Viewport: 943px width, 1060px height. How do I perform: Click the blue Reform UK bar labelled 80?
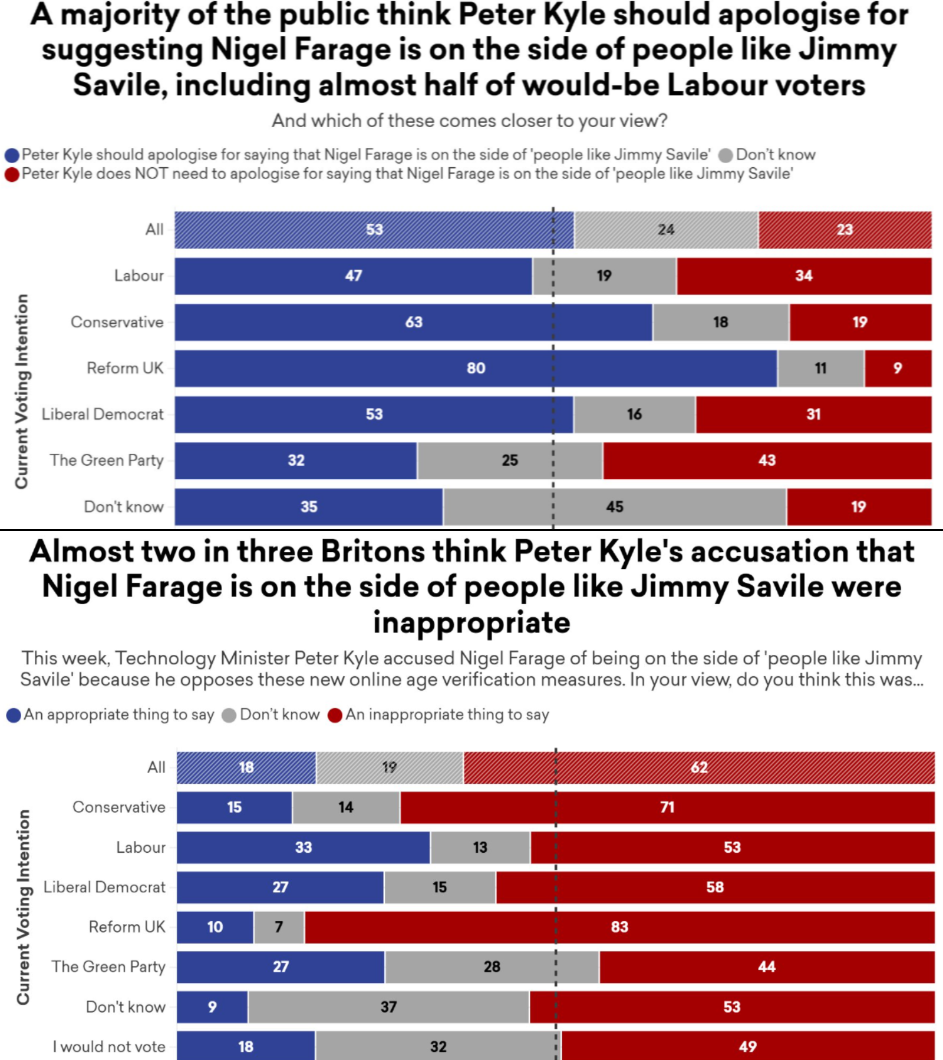tap(475, 369)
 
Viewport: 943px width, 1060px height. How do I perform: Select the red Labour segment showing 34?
tap(804, 276)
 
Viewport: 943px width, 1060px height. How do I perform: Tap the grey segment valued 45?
tap(615, 507)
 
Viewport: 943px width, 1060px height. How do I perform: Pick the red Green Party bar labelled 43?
tap(767, 461)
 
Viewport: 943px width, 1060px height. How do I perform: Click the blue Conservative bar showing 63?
tap(413, 323)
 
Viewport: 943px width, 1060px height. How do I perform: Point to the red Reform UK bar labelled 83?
tap(619, 927)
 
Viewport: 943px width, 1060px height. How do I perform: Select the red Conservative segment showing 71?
tap(667, 807)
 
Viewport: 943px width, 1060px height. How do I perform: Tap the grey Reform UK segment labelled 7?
tap(279, 927)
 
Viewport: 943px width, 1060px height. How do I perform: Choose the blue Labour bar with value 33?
tap(303, 847)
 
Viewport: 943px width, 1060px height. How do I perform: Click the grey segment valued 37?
tap(388, 1007)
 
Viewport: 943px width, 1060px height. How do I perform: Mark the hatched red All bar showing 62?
tap(699, 768)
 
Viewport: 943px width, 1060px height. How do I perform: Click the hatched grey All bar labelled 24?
tap(666, 230)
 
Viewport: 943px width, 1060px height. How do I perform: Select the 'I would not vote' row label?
tap(109, 1047)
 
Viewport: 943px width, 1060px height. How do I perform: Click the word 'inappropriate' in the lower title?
tap(471, 622)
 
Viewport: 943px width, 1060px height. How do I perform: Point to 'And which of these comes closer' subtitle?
tap(469, 121)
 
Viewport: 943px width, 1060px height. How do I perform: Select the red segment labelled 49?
tap(747, 1047)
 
